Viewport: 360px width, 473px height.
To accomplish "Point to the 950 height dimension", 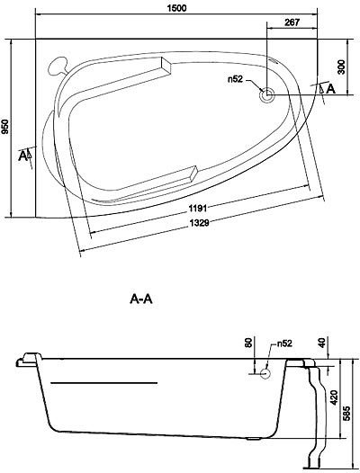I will pos(8,129).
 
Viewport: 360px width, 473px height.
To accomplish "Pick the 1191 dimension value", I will pos(201,209).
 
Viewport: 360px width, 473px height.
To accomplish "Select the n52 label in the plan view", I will pos(237,80).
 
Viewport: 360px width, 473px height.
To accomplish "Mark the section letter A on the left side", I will pos(22,155).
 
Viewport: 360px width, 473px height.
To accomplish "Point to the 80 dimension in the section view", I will pos(249,345).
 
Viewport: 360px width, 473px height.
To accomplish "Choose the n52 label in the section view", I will pos(283,344).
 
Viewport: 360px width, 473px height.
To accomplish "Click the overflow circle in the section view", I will pos(266,372).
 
